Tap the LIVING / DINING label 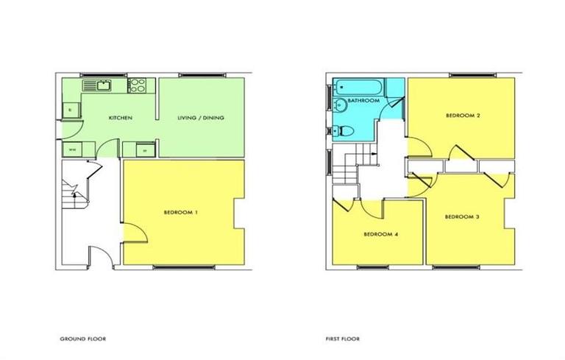tap(200, 118)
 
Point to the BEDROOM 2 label tap(462, 116)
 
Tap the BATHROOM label tap(363, 100)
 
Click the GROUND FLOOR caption tap(83, 339)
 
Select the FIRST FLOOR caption tap(342, 339)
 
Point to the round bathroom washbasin tap(337, 132)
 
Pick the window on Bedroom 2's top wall tap(462, 75)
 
